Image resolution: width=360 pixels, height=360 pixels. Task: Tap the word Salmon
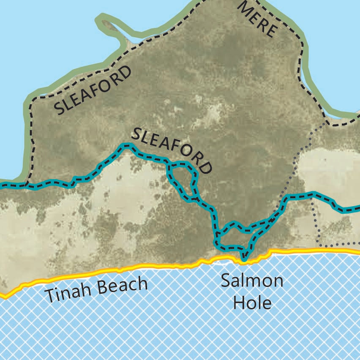pyautogui.click(x=252, y=281)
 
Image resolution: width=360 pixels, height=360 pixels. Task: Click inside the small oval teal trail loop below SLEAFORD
pyautogui.click(x=183, y=179)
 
